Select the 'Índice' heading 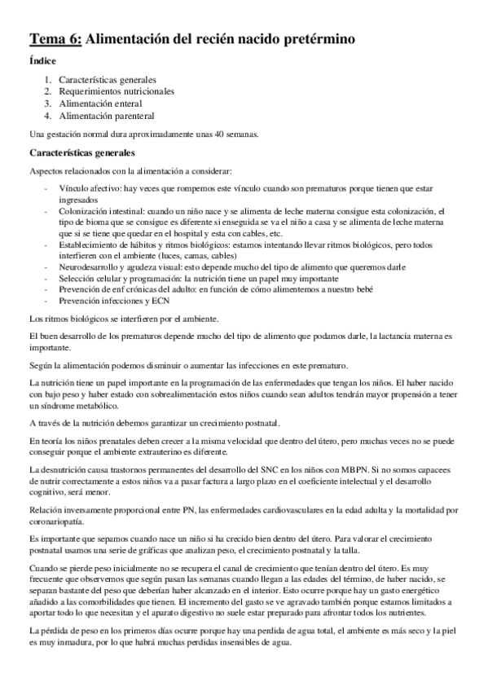click(42, 60)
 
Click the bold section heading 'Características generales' click(81, 152)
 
